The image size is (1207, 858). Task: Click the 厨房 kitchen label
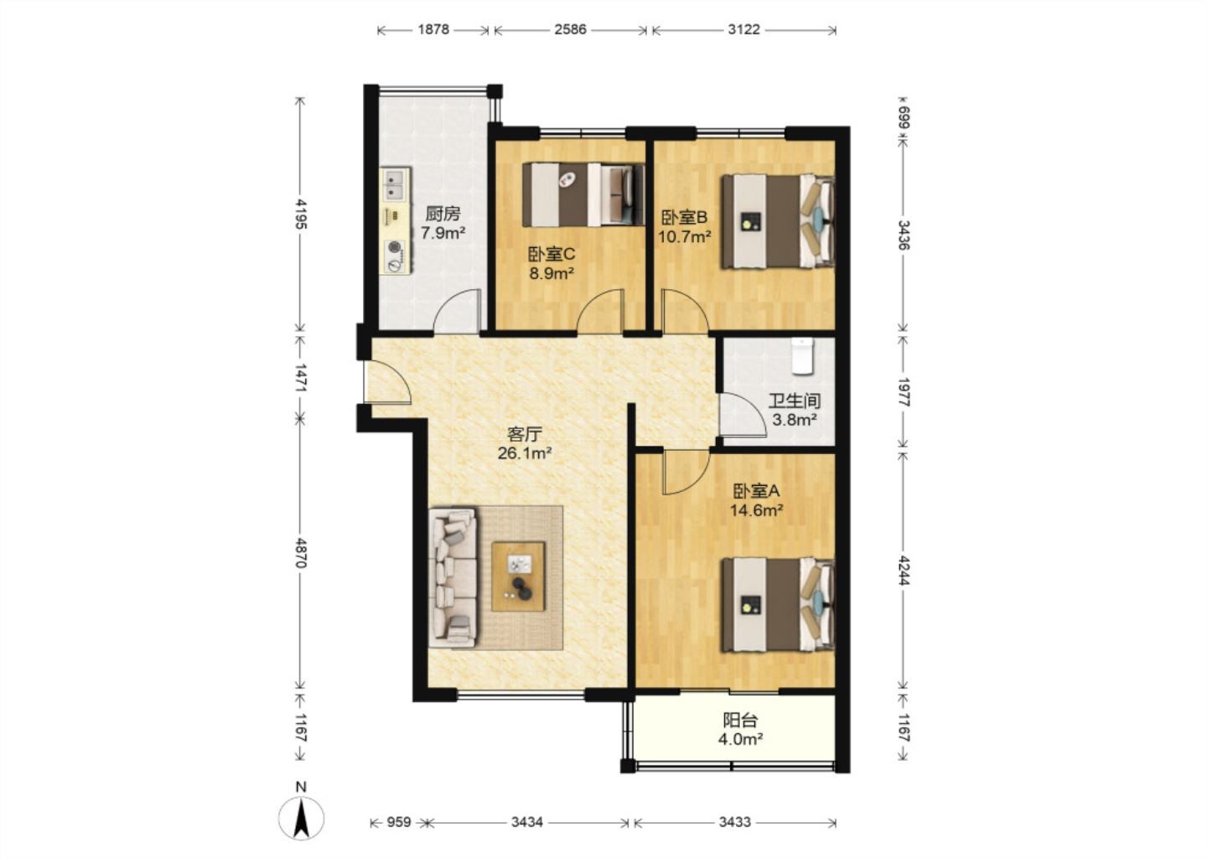point(443,214)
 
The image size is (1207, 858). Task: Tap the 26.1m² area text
point(524,453)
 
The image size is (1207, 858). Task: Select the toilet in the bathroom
point(802,356)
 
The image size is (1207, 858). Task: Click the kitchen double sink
point(395,183)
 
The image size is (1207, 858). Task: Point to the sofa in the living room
point(453,576)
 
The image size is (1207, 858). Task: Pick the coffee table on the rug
point(518,576)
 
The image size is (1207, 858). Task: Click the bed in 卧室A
point(778,605)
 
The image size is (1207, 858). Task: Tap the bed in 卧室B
point(778,221)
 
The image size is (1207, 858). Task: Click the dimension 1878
point(433,29)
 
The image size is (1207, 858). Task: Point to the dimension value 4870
point(301,553)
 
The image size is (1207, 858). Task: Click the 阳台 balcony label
point(740,721)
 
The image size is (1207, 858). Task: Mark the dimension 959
point(399,823)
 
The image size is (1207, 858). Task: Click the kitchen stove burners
point(395,256)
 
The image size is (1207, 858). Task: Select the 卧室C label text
point(552,254)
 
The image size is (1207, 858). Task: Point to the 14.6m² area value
point(757,510)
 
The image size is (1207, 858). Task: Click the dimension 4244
point(904,572)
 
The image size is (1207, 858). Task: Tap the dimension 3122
point(743,29)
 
